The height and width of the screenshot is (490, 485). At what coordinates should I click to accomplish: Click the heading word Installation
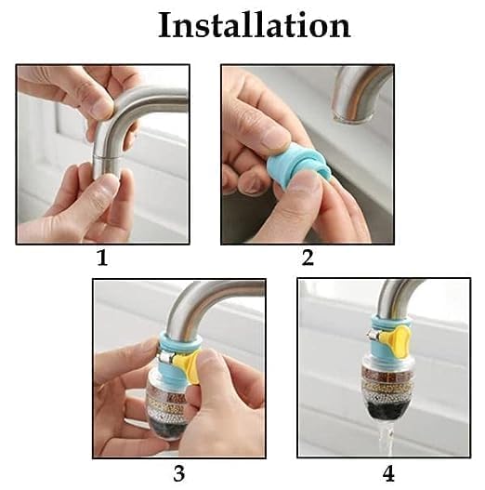[x=254, y=25]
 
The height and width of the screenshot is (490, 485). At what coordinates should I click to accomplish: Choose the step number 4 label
[x=388, y=472]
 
